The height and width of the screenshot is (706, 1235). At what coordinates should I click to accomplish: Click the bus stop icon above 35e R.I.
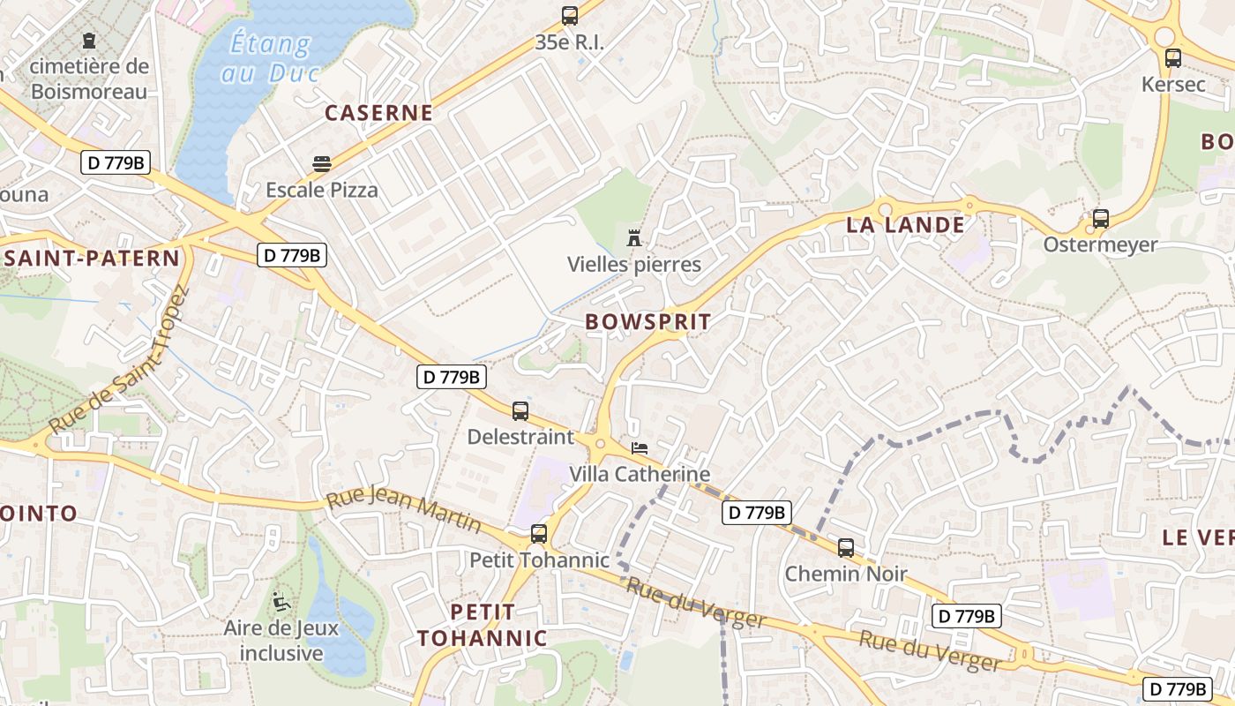click(570, 16)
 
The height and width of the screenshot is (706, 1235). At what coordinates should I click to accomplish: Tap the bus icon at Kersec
click(1172, 59)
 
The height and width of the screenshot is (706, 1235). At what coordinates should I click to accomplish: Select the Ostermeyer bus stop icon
click(1100, 219)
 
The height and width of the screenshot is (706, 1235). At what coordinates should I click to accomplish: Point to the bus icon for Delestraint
click(520, 411)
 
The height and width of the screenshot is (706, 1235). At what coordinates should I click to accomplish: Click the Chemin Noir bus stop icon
click(846, 548)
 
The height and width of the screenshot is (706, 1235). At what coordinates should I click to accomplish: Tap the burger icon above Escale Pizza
click(322, 164)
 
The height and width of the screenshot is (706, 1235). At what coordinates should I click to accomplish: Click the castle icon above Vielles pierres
click(633, 237)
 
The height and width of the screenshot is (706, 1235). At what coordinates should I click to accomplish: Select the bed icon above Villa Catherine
click(640, 449)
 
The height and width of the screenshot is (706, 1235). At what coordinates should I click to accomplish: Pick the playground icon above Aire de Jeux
click(281, 601)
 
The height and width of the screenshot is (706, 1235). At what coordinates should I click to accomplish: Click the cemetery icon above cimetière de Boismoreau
click(88, 41)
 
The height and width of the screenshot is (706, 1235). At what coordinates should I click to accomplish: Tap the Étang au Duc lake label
click(269, 56)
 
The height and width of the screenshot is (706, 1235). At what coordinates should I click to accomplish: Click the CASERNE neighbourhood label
click(378, 113)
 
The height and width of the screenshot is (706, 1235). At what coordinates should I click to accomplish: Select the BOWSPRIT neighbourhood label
click(647, 322)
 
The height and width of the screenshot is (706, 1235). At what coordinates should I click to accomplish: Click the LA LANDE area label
click(905, 225)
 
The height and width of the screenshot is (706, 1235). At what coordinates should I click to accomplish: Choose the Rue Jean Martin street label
click(404, 511)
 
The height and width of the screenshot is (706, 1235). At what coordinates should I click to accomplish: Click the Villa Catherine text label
click(640, 474)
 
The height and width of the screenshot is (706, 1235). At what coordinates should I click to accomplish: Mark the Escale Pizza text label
click(322, 190)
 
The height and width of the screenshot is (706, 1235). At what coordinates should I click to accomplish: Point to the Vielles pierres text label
click(633, 264)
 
